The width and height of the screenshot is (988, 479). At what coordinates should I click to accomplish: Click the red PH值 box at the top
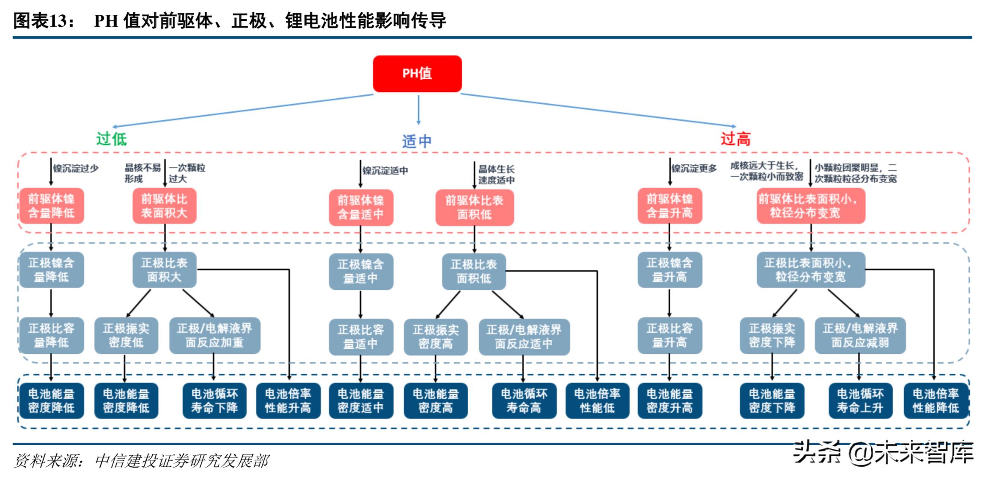point(417,74)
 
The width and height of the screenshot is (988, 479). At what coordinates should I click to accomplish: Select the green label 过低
point(111,139)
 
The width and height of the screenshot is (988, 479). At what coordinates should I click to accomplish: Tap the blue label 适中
point(417,141)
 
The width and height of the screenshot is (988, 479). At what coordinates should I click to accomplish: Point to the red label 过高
point(736,139)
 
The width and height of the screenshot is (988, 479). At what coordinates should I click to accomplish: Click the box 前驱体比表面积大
point(164,206)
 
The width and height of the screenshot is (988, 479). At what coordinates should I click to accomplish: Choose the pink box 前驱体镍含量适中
point(361,207)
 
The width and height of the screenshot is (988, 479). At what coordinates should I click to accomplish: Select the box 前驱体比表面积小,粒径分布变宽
point(810,206)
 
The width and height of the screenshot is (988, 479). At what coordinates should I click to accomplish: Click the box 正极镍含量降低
point(51,270)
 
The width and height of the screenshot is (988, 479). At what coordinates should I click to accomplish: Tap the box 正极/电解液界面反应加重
point(214,336)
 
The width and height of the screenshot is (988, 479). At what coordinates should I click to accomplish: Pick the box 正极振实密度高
point(436,337)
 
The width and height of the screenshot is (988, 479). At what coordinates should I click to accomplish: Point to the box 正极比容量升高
point(670,336)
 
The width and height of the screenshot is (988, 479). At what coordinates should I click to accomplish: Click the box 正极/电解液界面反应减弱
point(860,336)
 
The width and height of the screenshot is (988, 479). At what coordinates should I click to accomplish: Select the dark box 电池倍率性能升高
point(288,401)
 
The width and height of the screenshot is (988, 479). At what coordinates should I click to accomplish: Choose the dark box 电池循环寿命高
point(524,401)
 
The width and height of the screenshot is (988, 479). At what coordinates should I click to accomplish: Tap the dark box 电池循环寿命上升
point(860,401)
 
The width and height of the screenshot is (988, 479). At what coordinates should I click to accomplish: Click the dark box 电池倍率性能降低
point(935,401)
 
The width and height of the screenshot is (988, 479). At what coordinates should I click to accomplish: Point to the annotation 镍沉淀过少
point(76,168)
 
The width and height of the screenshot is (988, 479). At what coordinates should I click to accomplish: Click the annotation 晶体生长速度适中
point(496,174)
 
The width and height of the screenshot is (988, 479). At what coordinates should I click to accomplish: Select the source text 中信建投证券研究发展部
point(182,461)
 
